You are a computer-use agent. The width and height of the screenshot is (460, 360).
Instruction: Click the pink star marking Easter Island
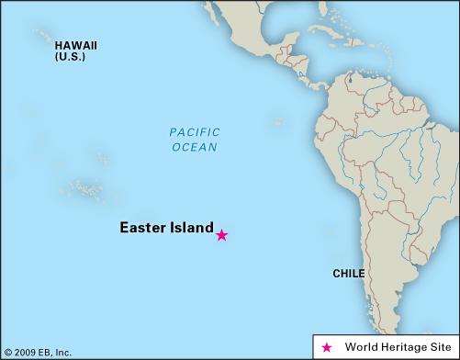(221, 235)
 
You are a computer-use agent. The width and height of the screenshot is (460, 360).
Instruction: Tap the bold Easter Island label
(166, 228)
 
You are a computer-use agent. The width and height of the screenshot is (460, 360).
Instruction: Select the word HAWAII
(75, 45)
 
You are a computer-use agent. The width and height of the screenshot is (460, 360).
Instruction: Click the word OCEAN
(194, 147)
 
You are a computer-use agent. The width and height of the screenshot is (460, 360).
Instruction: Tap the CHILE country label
(348, 274)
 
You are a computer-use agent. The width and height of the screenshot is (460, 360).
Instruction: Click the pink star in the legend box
(327, 347)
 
